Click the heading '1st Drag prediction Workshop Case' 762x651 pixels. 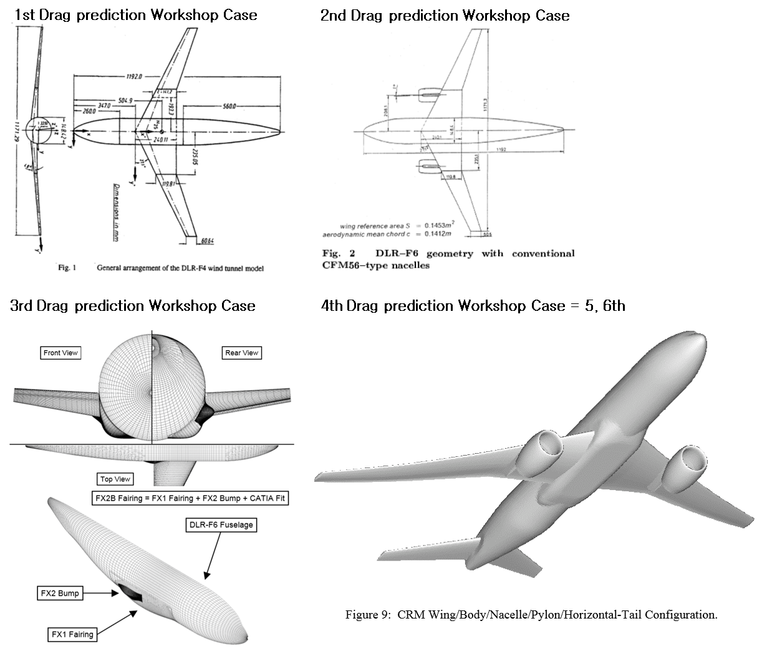click(x=135, y=15)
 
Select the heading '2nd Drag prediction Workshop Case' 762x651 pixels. click(x=445, y=15)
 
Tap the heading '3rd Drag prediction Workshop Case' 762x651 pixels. click(x=133, y=305)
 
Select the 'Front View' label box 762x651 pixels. click(x=60, y=353)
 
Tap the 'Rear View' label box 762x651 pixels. click(x=241, y=353)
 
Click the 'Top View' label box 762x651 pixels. click(x=115, y=479)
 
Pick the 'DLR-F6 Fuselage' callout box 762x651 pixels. click(x=221, y=524)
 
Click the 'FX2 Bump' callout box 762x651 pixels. click(x=60, y=593)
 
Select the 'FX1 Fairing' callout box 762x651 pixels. click(x=72, y=634)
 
